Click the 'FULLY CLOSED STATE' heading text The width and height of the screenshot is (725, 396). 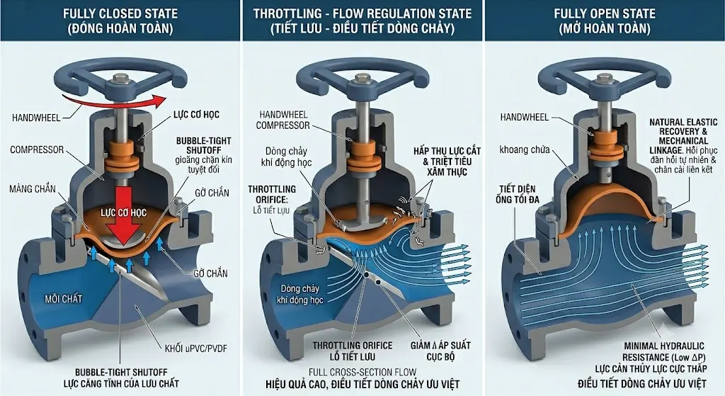coord(120,13)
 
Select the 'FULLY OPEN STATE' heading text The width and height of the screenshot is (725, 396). coord(605,13)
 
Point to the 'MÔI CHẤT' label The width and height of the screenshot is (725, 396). coord(63,299)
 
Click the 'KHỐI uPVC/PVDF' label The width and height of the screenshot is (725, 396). coord(196,349)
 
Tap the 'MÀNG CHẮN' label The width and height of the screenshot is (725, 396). coord(33,188)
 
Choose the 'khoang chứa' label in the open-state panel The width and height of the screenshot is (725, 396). coord(525,149)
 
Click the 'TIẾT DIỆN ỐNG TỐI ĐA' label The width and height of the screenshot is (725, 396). coord(518,194)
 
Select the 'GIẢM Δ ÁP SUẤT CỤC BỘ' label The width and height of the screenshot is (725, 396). coord(440,351)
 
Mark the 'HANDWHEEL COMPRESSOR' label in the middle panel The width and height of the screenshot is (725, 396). coord(282,120)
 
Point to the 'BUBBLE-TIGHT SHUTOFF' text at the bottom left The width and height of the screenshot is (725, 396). coord(121,372)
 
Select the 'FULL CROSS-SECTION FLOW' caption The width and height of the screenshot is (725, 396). coord(362,373)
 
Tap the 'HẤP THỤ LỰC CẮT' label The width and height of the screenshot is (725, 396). coord(447,151)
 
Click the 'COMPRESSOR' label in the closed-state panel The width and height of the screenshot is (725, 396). coord(37,150)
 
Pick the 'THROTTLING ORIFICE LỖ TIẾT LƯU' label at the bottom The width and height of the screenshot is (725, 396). coord(353,351)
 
